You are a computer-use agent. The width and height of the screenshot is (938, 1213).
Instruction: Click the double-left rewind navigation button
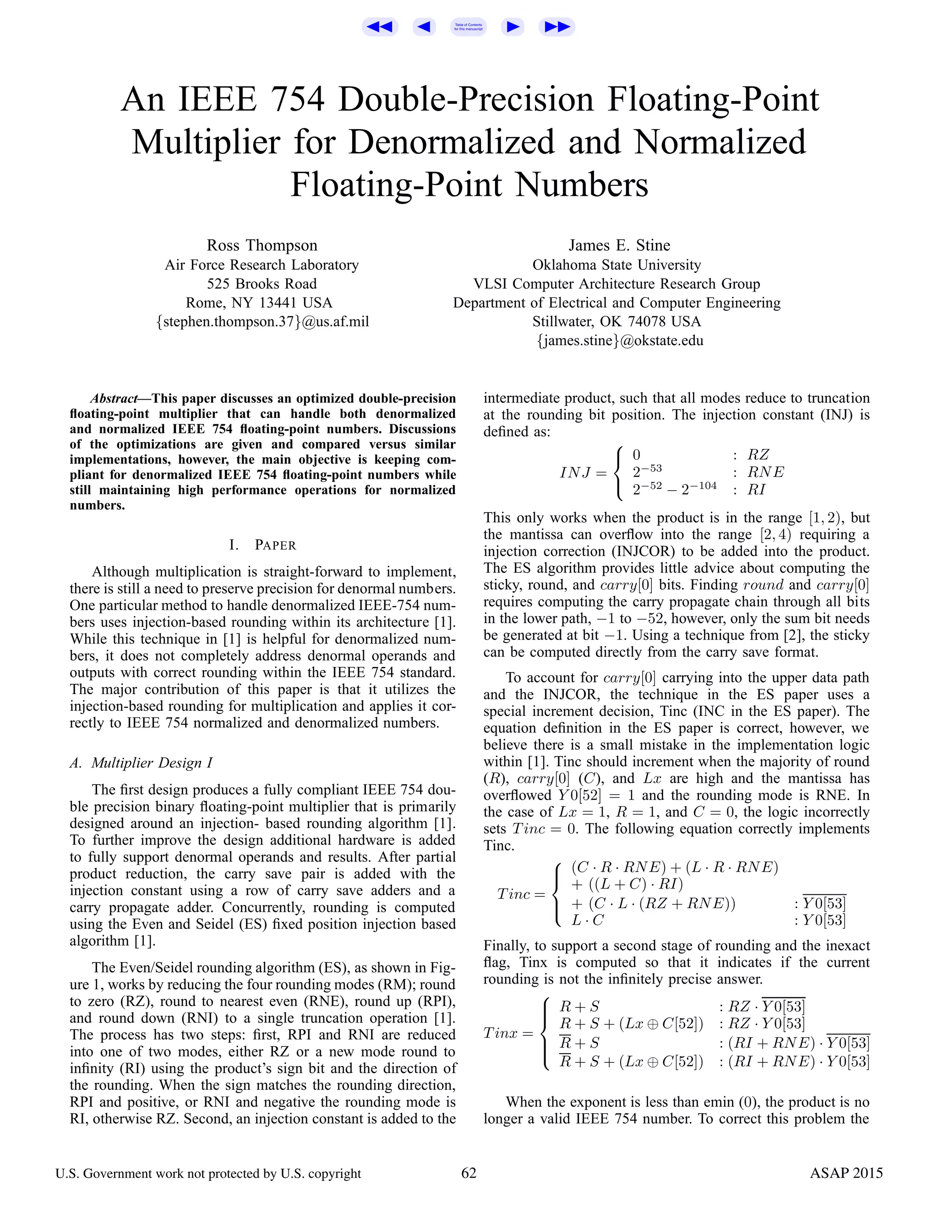pyautogui.click(x=380, y=27)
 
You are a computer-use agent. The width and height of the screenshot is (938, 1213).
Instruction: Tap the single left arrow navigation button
pyautogui.click(x=424, y=27)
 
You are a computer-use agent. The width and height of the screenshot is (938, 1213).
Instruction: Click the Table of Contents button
pyautogui.click(x=468, y=27)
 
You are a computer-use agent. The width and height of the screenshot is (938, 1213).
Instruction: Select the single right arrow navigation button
pyautogui.click(x=513, y=27)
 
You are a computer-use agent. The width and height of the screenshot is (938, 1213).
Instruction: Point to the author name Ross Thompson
pyautogui.click(x=262, y=245)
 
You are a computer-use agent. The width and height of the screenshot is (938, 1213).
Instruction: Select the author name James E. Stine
pyautogui.click(x=619, y=245)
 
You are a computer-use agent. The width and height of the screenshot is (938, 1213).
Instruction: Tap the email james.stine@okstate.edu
pyautogui.click(x=620, y=341)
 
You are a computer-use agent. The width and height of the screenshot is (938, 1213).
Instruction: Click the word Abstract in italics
pyautogui.click(x=114, y=398)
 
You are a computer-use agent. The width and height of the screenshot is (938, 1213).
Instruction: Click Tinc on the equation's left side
pyautogui.click(x=514, y=894)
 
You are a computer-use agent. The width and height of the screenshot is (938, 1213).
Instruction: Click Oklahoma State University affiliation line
pyautogui.click(x=616, y=265)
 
